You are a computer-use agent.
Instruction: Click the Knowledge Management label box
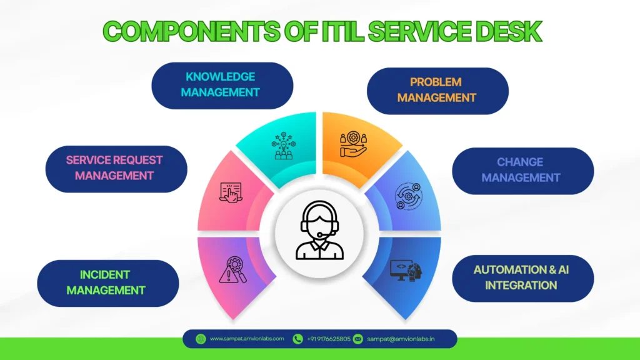click(x=222, y=84)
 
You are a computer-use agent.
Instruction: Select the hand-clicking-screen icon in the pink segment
click(x=231, y=192)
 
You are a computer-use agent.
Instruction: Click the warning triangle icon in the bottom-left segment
click(x=231, y=270)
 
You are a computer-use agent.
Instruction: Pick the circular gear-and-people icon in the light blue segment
click(x=407, y=196)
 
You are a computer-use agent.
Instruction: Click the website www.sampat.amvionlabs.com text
click(x=247, y=339)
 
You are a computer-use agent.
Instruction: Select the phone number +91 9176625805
click(x=328, y=339)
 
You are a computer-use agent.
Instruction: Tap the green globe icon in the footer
click(x=201, y=339)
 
